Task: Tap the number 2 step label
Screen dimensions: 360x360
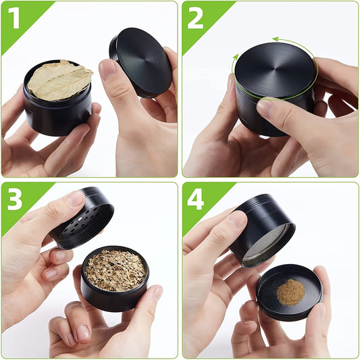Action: coord(196,18)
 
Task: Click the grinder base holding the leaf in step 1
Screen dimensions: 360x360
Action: coord(57,115)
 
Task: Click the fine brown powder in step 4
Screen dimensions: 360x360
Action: coord(290,292)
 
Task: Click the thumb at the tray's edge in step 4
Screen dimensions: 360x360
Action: coord(317,287)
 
